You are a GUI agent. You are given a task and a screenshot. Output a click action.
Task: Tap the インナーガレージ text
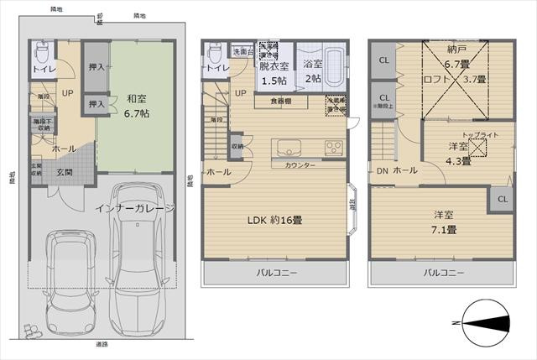pos(135,207)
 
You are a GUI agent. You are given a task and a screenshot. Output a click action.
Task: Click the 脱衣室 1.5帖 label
pos(274,72)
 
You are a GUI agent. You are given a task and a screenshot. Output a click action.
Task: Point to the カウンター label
pos(300,165)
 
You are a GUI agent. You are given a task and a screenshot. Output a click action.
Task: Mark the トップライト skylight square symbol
pos(480,149)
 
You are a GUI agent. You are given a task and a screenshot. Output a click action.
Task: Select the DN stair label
pos(381,171)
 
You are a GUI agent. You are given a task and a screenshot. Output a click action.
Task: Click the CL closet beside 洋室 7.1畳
pos(502,199)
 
